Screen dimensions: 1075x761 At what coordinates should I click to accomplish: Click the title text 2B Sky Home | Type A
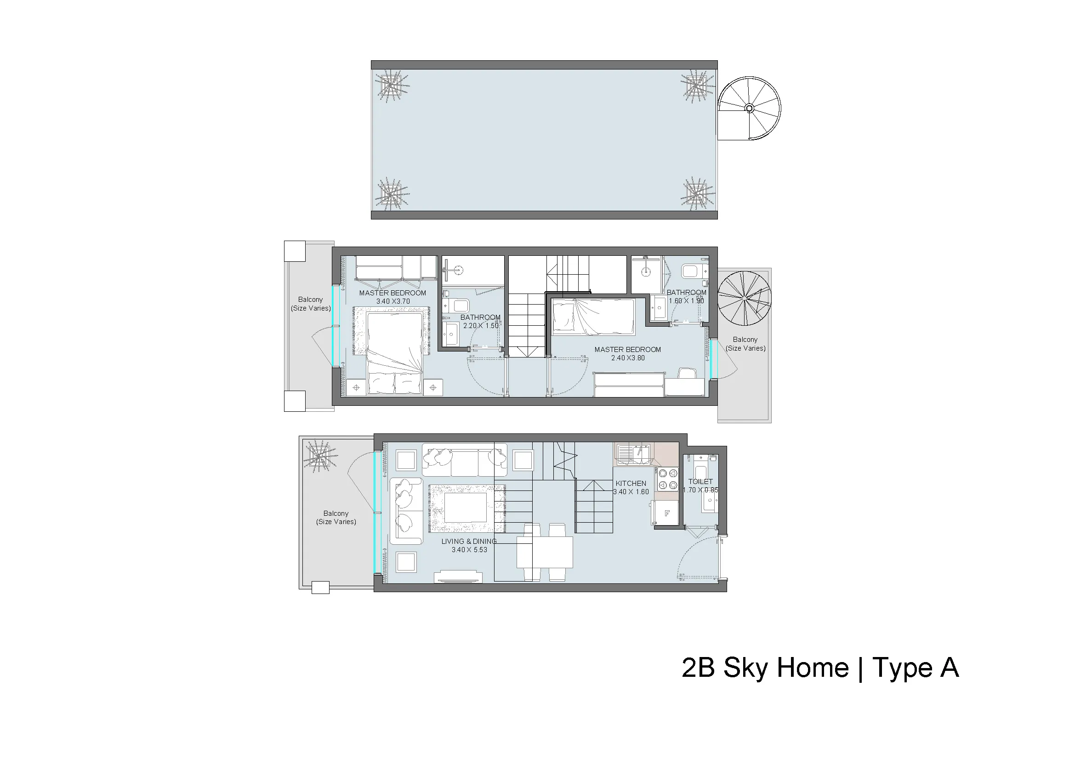[x=820, y=668]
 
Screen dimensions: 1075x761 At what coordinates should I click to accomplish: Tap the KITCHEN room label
[x=631, y=483]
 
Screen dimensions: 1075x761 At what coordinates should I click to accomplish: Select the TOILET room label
[x=700, y=481]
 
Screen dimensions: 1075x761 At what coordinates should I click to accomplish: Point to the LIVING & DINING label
[x=469, y=541]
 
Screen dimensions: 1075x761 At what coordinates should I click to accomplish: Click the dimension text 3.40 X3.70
[x=393, y=301]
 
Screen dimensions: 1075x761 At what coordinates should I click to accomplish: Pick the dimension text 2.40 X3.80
[x=627, y=358]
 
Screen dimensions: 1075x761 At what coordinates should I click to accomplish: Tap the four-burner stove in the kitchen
[x=668, y=479]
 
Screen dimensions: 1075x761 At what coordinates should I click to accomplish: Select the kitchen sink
[x=634, y=454]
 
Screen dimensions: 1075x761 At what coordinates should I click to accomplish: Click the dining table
[x=545, y=553]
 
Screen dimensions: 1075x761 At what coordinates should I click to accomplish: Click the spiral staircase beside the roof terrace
[x=750, y=108]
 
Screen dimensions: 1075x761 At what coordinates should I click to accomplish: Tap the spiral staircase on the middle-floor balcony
[x=744, y=299]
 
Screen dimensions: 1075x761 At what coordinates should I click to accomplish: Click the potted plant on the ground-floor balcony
[x=320, y=456]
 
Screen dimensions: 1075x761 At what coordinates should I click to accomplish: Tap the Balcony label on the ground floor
[x=336, y=517]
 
